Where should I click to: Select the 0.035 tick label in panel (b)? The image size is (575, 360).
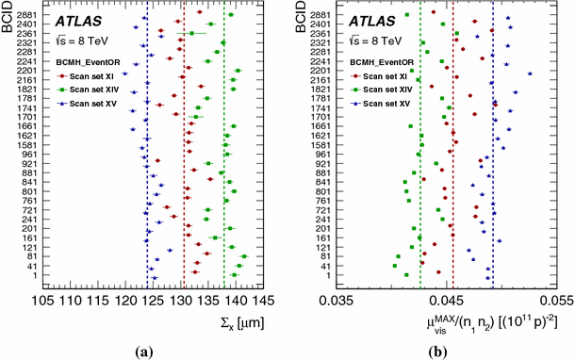(336, 301)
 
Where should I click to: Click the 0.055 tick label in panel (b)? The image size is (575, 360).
(554, 301)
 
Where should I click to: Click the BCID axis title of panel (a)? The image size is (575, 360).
(8, 24)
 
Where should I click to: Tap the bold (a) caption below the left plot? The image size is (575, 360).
(144, 352)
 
